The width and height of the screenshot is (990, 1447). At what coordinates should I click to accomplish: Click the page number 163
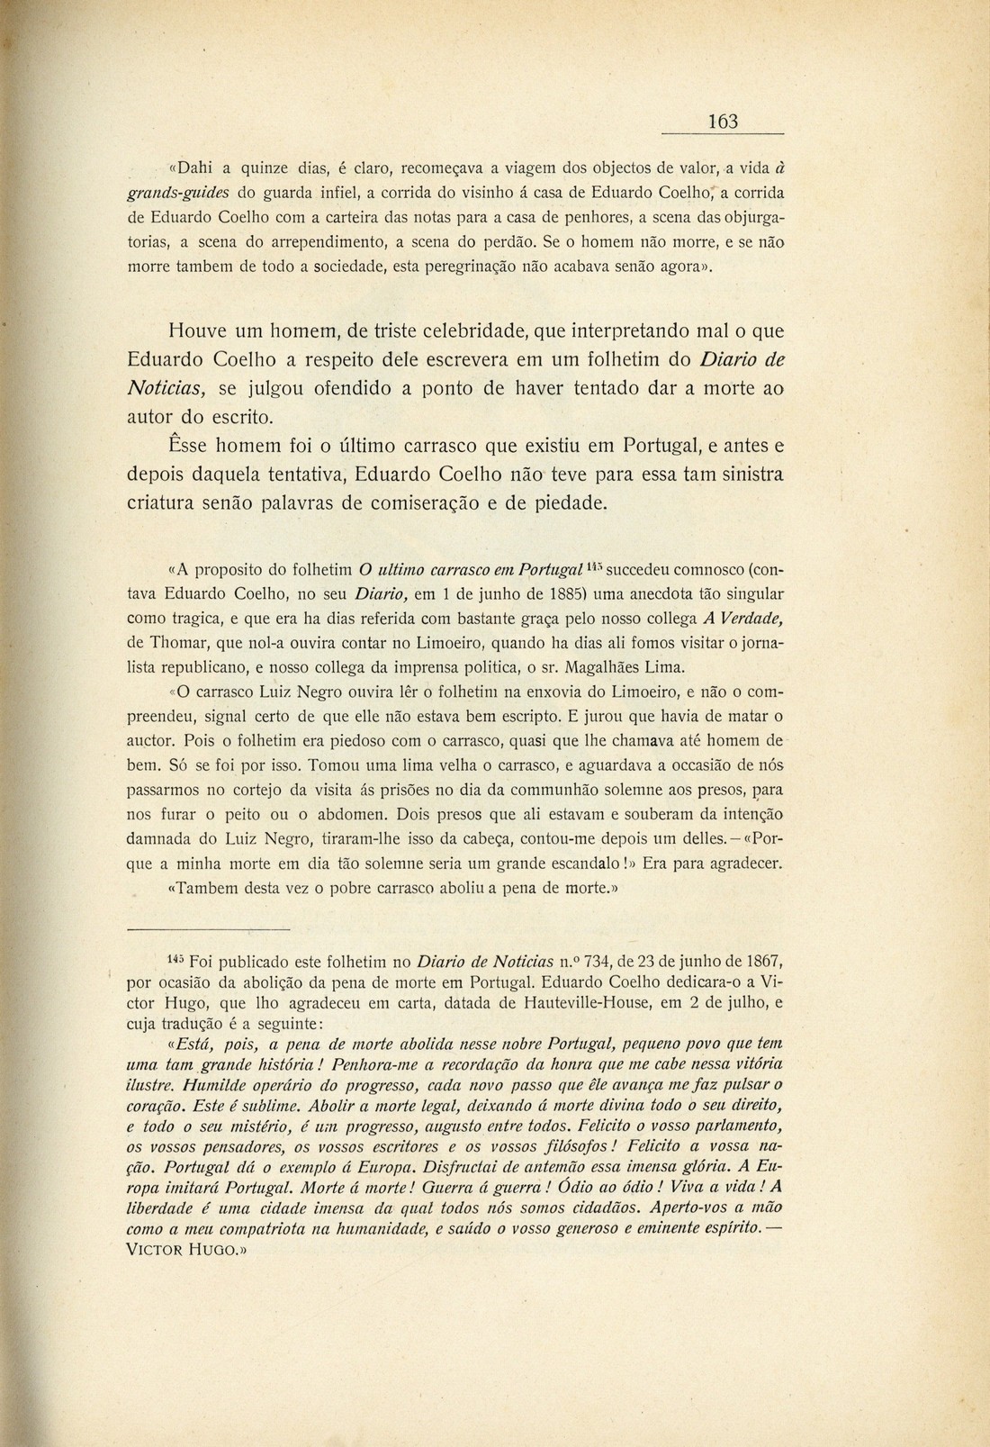[x=723, y=122]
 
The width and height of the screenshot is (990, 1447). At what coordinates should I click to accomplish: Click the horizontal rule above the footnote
[x=208, y=929]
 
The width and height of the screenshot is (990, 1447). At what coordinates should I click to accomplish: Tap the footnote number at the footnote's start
[x=177, y=961]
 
